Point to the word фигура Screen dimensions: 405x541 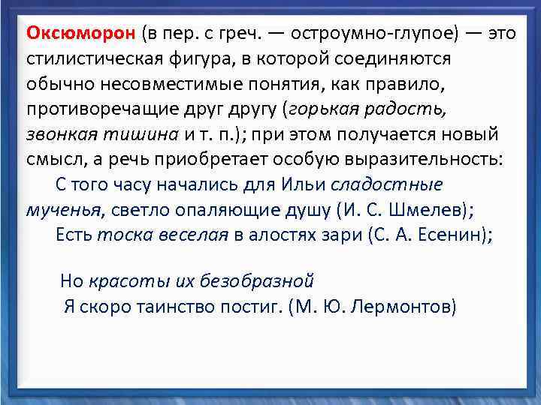[198, 59]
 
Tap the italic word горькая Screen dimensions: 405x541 [323, 109]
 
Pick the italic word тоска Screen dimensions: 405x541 [119, 234]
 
